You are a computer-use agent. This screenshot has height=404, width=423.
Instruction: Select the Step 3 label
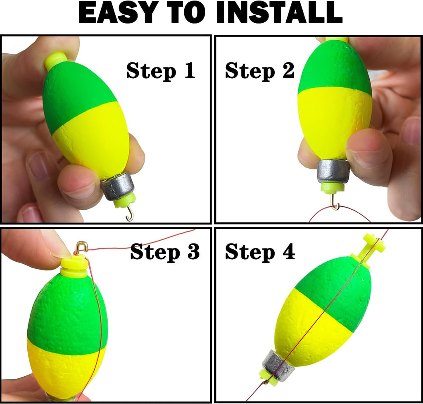coord(165,252)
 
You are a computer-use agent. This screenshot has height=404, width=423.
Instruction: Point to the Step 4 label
coord(260,252)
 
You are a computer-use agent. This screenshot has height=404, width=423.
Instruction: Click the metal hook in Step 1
coord(130,213)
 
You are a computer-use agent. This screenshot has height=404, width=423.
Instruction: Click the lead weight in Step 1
coord(118,186)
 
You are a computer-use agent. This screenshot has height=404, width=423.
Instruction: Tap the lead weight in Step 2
coord(333,172)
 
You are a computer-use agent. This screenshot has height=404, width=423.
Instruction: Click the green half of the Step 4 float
coord(335,293)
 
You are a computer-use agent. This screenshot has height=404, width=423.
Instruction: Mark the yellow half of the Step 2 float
coord(335,122)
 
